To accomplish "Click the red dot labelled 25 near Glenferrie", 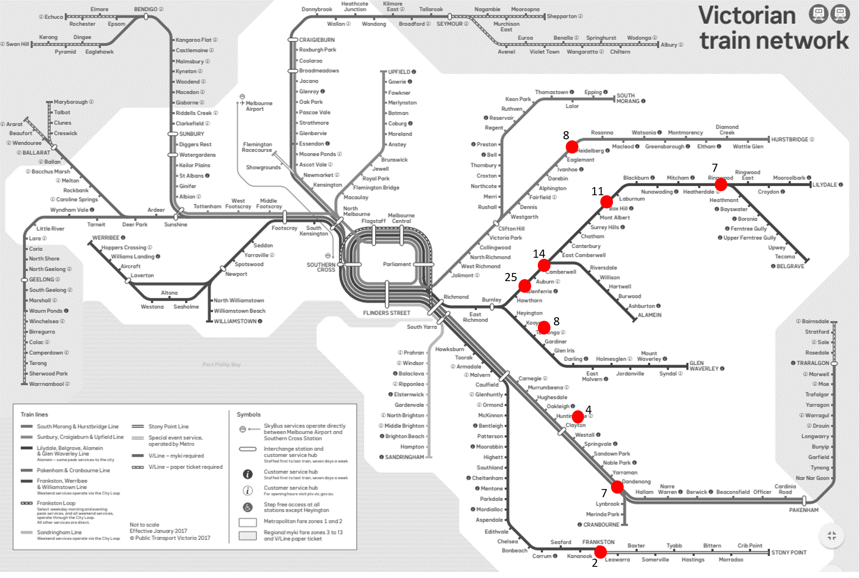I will click(x=525, y=286).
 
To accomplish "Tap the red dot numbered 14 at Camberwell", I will click(x=544, y=265).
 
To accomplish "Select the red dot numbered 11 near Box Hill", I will click(x=606, y=202).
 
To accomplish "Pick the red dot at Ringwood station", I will click(x=721, y=185).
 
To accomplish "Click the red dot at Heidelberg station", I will click(x=572, y=147).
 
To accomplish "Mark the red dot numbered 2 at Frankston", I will click(x=600, y=552).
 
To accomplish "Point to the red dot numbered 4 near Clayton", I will click(x=578, y=416).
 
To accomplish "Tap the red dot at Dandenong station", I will click(x=617, y=487).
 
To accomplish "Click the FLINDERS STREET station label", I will click(x=386, y=313).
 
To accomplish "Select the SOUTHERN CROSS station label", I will click(x=321, y=267).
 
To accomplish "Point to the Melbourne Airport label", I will click(x=259, y=106).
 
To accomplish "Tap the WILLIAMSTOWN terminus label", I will click(x=235, y=321).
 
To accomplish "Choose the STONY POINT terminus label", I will click(x=788, y=553).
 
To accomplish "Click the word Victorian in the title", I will click(x=747, y=15).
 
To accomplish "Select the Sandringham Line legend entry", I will click(x=59, y=532).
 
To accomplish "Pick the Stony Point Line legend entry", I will click(x=168, y=427).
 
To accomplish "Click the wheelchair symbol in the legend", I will click(x=248, y=507).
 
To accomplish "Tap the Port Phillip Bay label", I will click(x=222, y=364).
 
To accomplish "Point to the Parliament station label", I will click(x=397, y=264).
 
